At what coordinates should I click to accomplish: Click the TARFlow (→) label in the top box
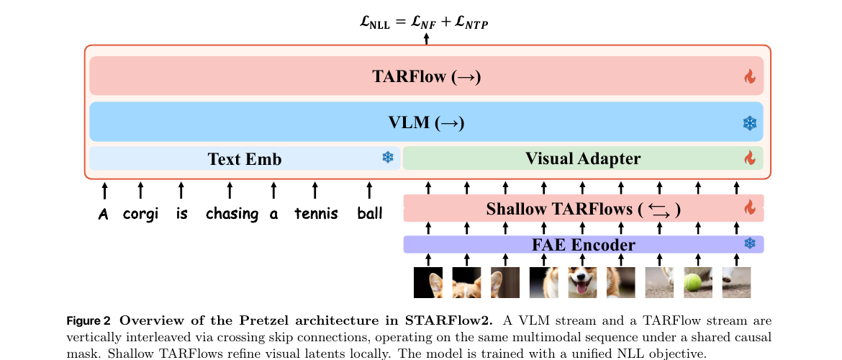click(426, 76)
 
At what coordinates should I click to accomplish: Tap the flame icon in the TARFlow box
click(750, 77)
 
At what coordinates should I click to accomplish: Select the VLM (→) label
click(426, 122)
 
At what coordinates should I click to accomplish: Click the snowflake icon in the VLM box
click(750, 123)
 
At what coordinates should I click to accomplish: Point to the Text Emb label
click(245, 159)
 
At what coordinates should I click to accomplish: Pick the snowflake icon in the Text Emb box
click(388, 157)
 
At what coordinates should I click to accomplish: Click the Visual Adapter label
click(583, 158)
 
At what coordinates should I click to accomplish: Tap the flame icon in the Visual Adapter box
click(750, 158)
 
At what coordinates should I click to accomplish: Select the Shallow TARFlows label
click(583, 209)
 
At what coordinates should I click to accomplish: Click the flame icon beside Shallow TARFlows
click(750, 207)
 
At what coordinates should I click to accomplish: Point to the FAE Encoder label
click(583, 245)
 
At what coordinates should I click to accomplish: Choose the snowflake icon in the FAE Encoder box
click(750, 243)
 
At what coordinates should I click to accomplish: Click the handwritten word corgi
click(140, 215)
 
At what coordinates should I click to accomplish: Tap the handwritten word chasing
click(232, 214)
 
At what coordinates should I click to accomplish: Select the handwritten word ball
click(369, 213)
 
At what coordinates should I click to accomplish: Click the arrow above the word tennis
click(314, 190)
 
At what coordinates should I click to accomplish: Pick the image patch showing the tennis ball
click(698, 282)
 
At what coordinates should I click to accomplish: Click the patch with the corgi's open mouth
click(582, 282)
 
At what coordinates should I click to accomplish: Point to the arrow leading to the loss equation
click(426, 39)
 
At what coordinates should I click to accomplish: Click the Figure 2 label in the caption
click(89, 321)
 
